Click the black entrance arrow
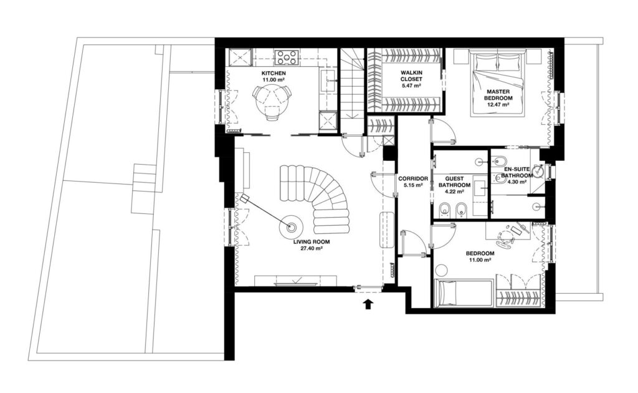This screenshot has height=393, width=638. click(368, 304)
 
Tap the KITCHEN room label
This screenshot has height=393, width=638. click(274, 74)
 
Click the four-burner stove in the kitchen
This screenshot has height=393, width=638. click(287, 57)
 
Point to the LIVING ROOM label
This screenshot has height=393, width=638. click(312, 242)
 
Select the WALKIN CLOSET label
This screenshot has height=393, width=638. click(411, 75)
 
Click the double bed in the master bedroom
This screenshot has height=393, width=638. click(498, 83)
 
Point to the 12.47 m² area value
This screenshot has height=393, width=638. click(499, 104)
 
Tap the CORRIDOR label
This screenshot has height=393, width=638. click(413, 179)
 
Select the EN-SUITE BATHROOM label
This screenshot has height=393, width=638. click(517, 172)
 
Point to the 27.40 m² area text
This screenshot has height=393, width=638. click(312, 248)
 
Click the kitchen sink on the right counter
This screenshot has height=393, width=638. click(328, 81)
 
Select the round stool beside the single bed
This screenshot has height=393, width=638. click(440, 269)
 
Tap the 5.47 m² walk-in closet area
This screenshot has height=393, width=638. click(411, 85)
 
